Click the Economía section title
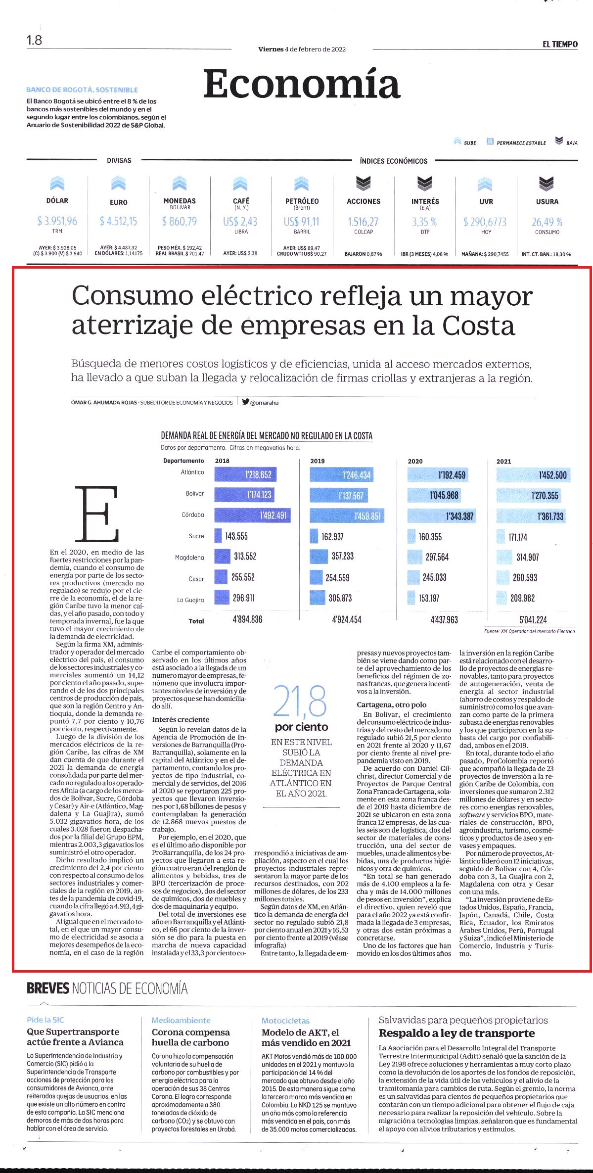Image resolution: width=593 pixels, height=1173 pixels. point(301,84)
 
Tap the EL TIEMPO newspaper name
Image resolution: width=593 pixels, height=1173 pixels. point(559,45)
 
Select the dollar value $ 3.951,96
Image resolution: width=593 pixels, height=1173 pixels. point(57,221)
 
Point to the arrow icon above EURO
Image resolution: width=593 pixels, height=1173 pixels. point(119,184)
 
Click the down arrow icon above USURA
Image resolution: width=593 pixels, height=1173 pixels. point(547,184)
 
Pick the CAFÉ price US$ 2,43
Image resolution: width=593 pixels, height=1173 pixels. point(240,222)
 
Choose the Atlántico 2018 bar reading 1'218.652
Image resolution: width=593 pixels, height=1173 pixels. point(245,475)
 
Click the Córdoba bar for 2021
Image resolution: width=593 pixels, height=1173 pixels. point(534,516)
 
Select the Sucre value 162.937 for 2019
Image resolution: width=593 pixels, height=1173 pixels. point(332,537)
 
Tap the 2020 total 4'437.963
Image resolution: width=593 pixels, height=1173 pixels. point(444,619)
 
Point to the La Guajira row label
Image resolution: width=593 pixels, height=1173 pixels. point(190,600)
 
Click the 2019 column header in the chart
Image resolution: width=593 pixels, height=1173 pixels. point(317,461)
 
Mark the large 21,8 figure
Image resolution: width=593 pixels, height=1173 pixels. point(300,703)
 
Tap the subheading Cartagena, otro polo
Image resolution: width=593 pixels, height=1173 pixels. point(391,704)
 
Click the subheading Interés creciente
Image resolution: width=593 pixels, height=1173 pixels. point(181,719)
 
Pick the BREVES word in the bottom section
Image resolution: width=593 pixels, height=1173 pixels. point(48,988)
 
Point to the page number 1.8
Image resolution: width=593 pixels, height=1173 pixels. point(35,40)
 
